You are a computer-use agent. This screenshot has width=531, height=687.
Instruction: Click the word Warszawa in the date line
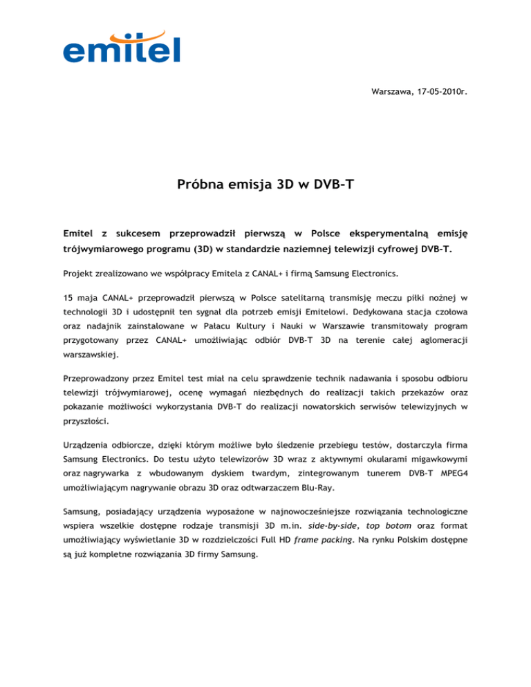[390, 92]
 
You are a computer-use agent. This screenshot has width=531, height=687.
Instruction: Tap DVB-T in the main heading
[333, 185]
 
